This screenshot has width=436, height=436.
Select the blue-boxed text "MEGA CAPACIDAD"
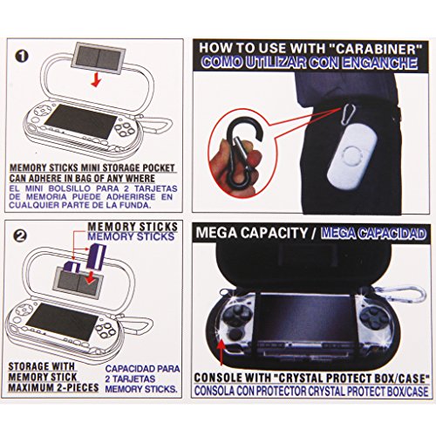point(372,234)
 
